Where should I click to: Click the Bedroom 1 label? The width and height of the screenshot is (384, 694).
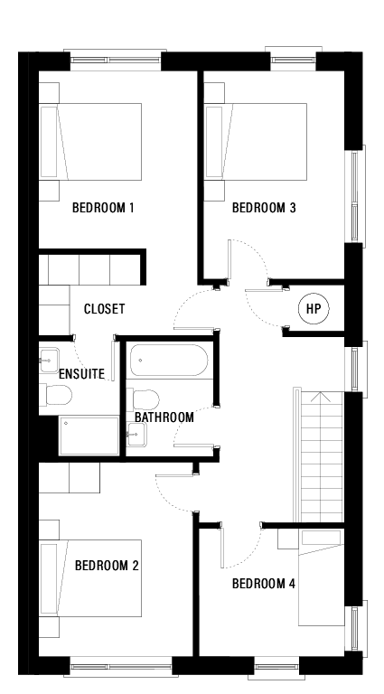103,209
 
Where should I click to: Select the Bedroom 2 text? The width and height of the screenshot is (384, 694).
106,567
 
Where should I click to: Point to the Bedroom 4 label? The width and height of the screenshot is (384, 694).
264,584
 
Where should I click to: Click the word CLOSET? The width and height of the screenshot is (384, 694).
104,309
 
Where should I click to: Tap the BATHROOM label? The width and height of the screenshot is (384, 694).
164,417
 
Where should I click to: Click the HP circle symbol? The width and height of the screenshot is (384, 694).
314,309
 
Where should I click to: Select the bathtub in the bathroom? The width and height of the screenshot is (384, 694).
169,361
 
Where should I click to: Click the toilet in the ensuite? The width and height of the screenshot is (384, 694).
57,396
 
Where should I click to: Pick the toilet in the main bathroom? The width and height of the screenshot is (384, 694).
145,399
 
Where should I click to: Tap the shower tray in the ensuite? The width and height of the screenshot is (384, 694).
89,437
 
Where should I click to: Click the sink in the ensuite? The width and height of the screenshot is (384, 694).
50,359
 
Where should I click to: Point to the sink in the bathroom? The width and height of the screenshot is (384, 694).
137,435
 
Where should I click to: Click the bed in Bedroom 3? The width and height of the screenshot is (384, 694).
257,141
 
